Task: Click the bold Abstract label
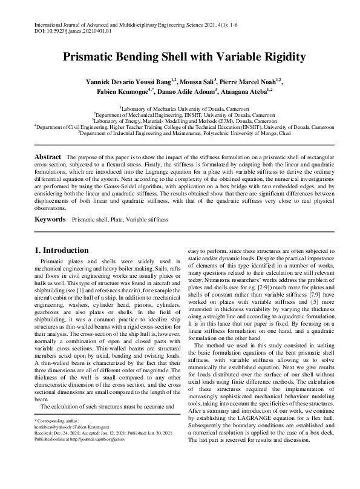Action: [47, 157]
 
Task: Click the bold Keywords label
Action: [50, 218]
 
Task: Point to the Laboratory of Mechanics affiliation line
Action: [180, 108]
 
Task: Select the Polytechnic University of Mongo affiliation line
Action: [180, 132]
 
